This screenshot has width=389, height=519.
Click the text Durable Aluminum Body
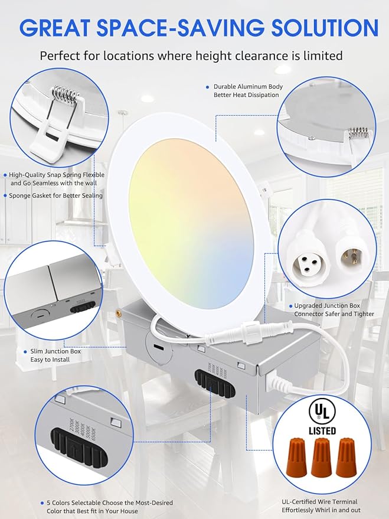pos(248,87)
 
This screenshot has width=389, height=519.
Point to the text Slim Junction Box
pos(55,351)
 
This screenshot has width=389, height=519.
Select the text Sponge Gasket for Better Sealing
pos(56,195)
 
